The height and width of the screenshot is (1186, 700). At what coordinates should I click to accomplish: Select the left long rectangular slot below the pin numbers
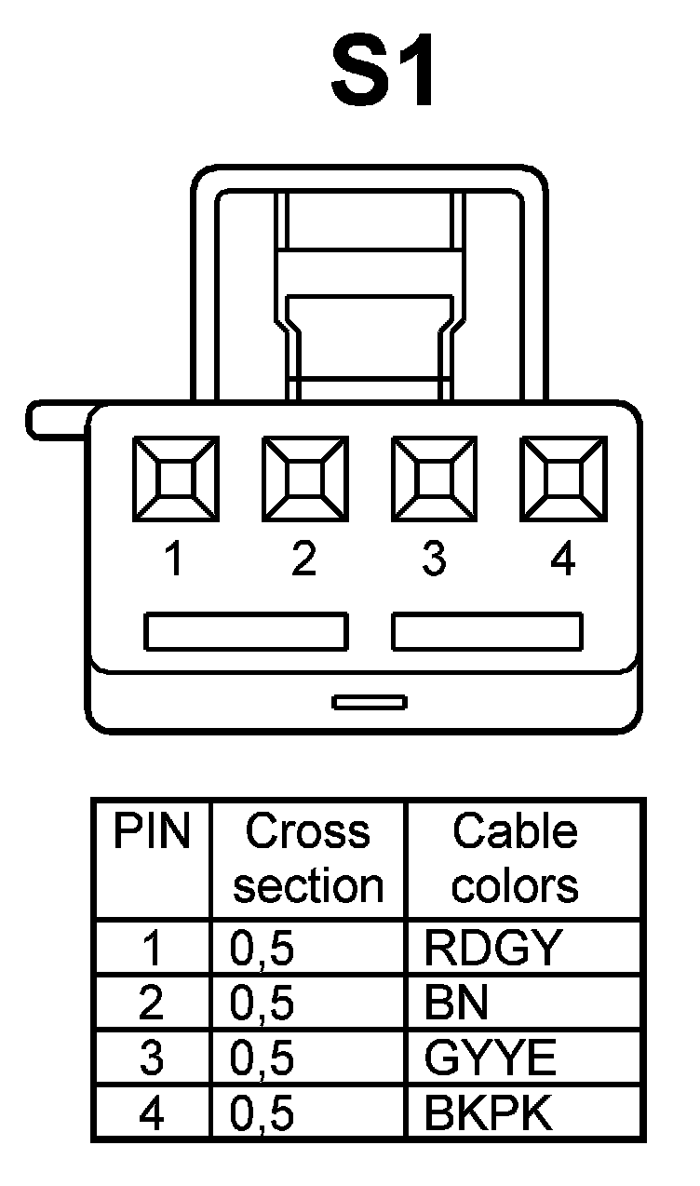coord(246,631)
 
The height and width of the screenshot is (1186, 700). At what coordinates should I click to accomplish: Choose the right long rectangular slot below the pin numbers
coord(488,631)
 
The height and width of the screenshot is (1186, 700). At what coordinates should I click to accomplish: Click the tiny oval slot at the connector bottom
coord(370,701)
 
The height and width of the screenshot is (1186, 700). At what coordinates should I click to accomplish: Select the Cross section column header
coord(308,858)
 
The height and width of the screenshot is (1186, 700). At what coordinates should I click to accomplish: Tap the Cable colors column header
coord(515,858)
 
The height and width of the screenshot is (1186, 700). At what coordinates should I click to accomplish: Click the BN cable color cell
coord(456,1004)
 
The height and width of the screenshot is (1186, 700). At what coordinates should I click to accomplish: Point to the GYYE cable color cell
coord(491,1058)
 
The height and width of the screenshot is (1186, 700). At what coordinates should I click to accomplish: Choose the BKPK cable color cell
coord(488,1113)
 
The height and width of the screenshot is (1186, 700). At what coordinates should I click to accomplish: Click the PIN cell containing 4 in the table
coord(151,1113)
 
